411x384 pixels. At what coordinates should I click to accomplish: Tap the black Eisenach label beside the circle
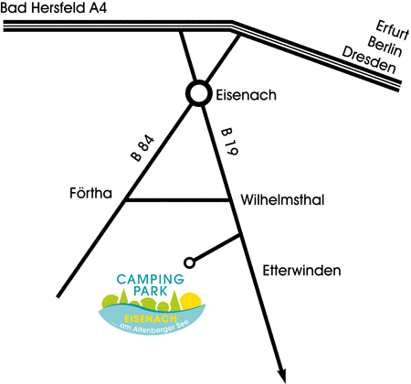[246, 95]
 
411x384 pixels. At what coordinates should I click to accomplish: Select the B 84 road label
[142, 148]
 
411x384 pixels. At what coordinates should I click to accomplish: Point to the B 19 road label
[230, 142]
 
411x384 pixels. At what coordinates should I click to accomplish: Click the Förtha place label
[90, 193]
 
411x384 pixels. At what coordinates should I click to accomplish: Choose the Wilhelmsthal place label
[282, 200]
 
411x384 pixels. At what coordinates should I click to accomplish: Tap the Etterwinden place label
[301, 271]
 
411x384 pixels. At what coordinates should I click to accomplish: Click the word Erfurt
[392, 30]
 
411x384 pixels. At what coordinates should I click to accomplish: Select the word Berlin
[385, 47]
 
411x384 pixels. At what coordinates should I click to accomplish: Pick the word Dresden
[369, 60]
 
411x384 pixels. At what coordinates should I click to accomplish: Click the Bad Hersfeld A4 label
[54, 7]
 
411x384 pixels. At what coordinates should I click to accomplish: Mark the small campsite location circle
[190, 262]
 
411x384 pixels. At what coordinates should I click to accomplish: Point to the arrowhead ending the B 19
[282, 376]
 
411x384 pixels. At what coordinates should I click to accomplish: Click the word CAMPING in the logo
[151, 279]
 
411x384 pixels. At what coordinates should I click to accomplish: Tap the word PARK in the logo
[151, 291]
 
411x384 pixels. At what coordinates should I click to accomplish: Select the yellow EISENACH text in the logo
[151, 319]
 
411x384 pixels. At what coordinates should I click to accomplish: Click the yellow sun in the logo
[191, 300]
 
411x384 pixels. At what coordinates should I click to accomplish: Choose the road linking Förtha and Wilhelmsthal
[178, 200]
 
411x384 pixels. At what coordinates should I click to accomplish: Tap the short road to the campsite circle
[216, 249]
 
